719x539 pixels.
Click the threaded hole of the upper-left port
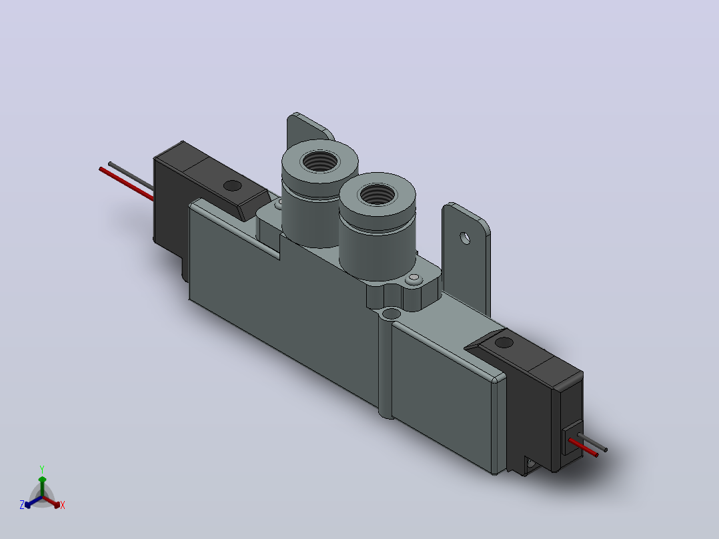319,161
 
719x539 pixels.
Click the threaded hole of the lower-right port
378,194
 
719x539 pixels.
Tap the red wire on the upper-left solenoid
126,184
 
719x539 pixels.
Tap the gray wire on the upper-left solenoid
131,175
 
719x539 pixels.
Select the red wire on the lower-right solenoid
583,448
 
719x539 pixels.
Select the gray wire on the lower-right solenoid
592,442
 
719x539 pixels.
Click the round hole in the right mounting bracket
465,238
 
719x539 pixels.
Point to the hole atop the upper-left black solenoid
232,186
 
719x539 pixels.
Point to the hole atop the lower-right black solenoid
504,342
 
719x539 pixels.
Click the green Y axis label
42,470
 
